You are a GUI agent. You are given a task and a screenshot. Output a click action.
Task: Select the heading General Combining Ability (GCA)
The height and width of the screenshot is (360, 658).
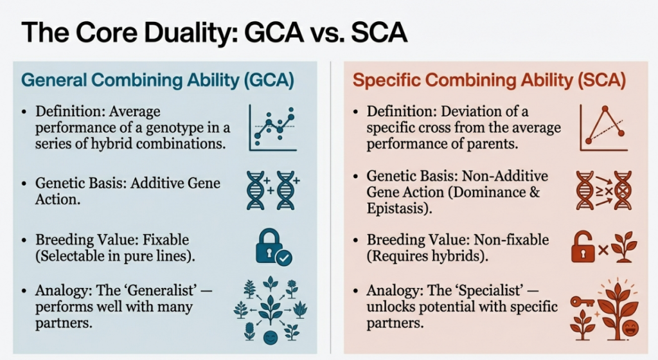pos(157,80)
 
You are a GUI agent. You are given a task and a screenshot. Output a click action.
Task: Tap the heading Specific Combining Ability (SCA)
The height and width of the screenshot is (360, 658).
pos(489,80)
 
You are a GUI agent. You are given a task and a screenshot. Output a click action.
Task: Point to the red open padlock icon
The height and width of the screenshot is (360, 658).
pos(583,247)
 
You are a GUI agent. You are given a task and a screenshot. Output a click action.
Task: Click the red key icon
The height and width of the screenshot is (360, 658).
pos(582,301)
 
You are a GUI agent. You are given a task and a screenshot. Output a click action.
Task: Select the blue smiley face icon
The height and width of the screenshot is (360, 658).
pos(271,337)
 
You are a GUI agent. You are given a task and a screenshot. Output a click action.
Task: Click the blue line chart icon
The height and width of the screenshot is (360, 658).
pos(272,127)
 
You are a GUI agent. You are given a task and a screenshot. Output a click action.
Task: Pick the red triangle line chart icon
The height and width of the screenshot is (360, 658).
pos(603,127)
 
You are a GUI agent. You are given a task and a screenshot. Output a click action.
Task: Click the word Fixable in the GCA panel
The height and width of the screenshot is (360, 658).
pos(166,240)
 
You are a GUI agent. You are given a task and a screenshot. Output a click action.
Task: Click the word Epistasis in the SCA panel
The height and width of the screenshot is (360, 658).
pos(396,208)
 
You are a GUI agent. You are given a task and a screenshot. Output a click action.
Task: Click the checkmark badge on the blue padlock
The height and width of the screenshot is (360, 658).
pos(284,258)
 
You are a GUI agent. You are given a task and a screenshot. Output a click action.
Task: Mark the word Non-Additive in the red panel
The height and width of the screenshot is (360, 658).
pos(505,175)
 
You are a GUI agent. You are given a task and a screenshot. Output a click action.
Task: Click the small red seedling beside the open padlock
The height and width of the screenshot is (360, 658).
pos(624,247)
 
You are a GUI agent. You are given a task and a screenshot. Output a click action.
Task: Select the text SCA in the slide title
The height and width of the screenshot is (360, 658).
pos(379,32)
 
